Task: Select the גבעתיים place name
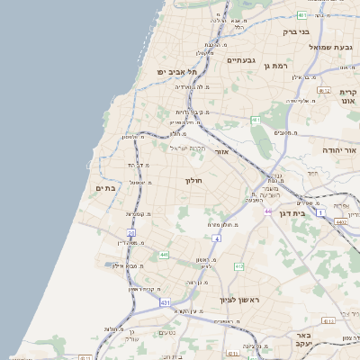(x=241, y=60)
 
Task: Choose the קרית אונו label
(x=349, y=97)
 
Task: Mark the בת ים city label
(x=106, y=187)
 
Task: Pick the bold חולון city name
(x=195, y=180)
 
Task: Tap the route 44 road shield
(x=268, y=211)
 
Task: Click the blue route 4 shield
(x=217, y=238)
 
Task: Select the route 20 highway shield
(x=130, y=233)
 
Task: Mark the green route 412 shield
(x=238, y=267)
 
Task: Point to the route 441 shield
(x=164, y=256)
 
